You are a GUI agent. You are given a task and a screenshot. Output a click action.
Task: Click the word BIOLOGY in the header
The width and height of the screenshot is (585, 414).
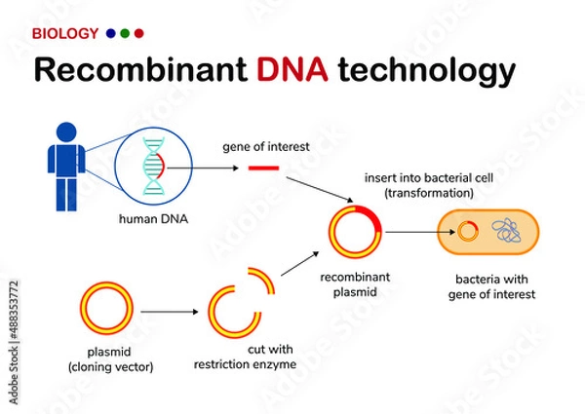(x=65, y=34)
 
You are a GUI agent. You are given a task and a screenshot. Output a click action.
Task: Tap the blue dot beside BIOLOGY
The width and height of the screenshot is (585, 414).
(x=110, y=34)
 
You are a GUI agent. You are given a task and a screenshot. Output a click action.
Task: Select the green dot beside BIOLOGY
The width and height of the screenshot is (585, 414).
(x=125, y=34)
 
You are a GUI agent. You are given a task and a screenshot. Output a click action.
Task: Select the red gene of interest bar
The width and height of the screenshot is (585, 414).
(x=263, y=169)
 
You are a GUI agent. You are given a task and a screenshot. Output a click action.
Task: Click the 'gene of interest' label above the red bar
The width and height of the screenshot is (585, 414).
(x=265, y=146)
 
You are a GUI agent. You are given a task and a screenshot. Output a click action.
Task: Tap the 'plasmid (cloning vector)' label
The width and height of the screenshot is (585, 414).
(x=104, y=359)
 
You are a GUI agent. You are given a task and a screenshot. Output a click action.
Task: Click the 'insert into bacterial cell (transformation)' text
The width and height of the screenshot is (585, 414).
(x=419, y=186)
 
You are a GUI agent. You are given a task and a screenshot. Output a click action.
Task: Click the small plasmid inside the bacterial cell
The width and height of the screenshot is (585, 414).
(x=469, y=232)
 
